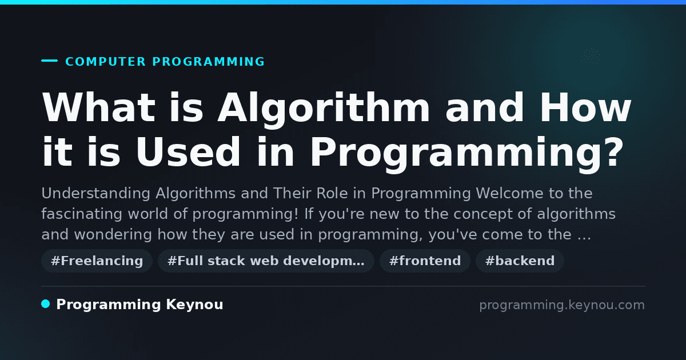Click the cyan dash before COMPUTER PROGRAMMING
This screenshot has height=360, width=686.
click(49, 61)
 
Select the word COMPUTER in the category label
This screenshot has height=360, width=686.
click(106, 62)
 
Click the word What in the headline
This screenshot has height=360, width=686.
click(98, 107)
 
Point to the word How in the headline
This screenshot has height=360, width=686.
click(585, 107)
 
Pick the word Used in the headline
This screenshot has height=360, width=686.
click(188, 152)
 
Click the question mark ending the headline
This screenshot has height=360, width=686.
click(613, 151)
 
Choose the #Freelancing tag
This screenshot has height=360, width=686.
click(97, 261)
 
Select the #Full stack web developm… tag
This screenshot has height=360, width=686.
click(266, 261)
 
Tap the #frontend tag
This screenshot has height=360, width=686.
click(425, 261)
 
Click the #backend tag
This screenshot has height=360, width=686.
click(520, 261)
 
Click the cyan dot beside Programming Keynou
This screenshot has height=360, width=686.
click(45, 304)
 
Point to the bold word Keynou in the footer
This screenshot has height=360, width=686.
click(194, 305)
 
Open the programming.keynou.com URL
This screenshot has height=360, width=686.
click(562, 305)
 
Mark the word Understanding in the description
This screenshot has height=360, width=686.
click(96, 194)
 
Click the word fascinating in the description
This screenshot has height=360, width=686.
click(82, 214)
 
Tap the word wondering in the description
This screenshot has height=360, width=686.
click(113, 235)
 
